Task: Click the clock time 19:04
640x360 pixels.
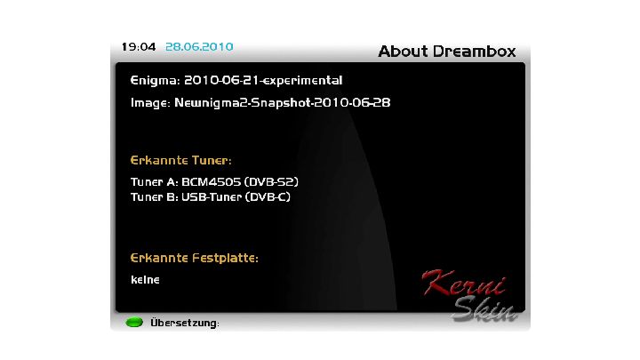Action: [x=139, y=47]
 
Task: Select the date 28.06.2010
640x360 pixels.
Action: [x=199, y=47]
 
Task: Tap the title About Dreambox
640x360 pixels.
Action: [x=447, y=52]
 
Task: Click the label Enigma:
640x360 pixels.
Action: [x=155, y=81]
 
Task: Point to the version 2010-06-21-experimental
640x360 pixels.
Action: [x=263, y=81]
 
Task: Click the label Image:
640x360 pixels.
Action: [x=150, y=103]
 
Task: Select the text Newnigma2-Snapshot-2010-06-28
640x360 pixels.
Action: [x=283, y=102]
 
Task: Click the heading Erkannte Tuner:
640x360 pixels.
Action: [x=180, y=160]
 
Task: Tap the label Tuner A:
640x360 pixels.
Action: [x=155, y=182]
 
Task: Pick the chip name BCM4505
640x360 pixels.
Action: [x=212, y=182]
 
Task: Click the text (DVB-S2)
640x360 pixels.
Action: [x=271, y=182]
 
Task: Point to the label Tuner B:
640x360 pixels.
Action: [x=155, y=197]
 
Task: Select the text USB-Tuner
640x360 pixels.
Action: [x=212, y=197]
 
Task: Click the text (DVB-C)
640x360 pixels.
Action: [x=268, y=197]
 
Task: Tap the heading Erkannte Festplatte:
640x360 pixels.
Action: [x=195, y=258]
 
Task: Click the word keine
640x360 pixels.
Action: [x=145, y=280]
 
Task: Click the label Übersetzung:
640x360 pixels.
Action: [x=185, y=323]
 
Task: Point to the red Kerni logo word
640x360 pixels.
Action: [x=464, y=283]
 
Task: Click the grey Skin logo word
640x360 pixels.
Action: [x=485, y=309]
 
